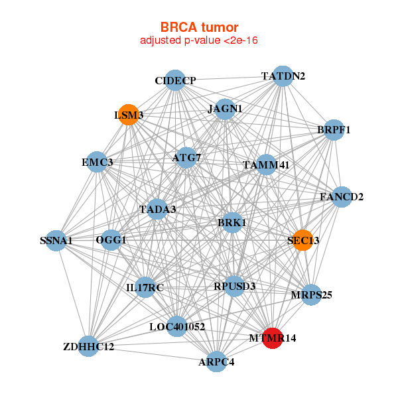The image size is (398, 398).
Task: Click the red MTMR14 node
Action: click(273, 338)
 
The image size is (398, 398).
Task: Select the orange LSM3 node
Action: click(128, 115)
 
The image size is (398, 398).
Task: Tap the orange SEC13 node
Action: click(302, 240)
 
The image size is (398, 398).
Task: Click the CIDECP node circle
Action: click(174, 80)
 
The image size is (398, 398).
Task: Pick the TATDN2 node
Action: click(283, 76)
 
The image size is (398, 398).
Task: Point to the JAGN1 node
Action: click(225, 109)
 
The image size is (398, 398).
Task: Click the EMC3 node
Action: click(98, 162)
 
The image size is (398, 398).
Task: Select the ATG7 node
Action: click(186, 158)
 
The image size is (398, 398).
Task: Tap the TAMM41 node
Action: click(266, 165)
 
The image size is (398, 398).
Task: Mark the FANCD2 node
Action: click(341, 197)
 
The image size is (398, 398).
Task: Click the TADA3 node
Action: click(158, 210)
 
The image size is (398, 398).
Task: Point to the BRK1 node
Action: click(232, 223)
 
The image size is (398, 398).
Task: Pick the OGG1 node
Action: click(111, 239)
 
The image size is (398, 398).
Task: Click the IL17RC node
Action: click(145, 287)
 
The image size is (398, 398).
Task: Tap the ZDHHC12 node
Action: click(88, 346)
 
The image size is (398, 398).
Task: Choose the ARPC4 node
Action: click(216, 362)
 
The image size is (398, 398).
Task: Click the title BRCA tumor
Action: click(199, 27)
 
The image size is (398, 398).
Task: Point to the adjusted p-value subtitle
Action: click(199, 40)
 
